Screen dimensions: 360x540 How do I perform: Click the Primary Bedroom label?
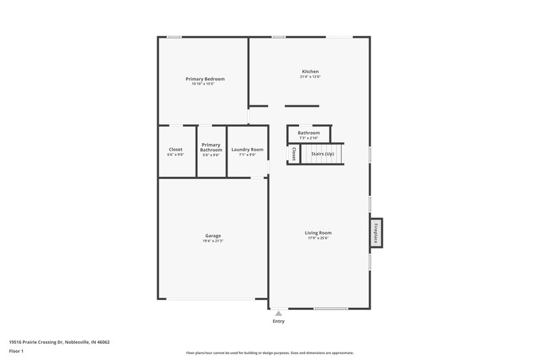point(205,79)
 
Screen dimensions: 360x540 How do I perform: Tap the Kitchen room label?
point(310,72)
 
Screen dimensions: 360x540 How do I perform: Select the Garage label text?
point(213,236)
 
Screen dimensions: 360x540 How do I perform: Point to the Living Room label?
point(318,233)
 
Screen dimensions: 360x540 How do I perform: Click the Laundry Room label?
point(247,150)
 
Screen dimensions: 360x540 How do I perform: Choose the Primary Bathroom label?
point(211,147)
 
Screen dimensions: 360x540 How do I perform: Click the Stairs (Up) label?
point(322,154)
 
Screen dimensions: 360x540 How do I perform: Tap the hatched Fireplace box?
point(376,232)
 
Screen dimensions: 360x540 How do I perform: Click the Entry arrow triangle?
point(277,313)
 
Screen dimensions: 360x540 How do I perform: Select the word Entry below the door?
point(278,322)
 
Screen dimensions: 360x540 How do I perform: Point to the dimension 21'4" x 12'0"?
point(310,77)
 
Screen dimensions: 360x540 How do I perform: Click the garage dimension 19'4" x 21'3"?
point(213,241)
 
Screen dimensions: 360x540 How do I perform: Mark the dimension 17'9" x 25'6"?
point(318,238)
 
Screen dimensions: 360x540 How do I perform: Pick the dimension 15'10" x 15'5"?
point(205,84)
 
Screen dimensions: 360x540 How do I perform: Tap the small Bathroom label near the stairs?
point(308,133)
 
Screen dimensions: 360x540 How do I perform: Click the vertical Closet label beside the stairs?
point(294,154)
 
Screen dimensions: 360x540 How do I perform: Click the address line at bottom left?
point(59,342)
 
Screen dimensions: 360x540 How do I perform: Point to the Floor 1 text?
point(17,352)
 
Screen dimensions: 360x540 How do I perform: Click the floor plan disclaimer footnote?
point(269,353)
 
